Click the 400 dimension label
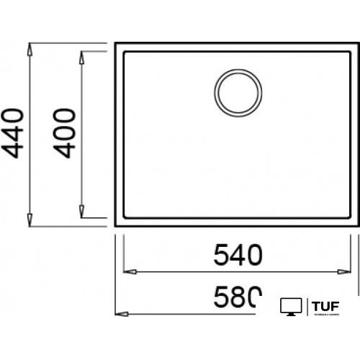[x=66, y=133]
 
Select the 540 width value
[x=238, y=253]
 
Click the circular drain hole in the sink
[x=237, y=92]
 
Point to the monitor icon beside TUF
[x=290, y=307]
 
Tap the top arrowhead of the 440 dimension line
[x=30, y=50]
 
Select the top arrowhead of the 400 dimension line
[x=82, y=56]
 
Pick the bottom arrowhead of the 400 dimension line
[x=82, y=211]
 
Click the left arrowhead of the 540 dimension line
[x=130, y=272]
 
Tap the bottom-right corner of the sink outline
[x=358, y=226]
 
